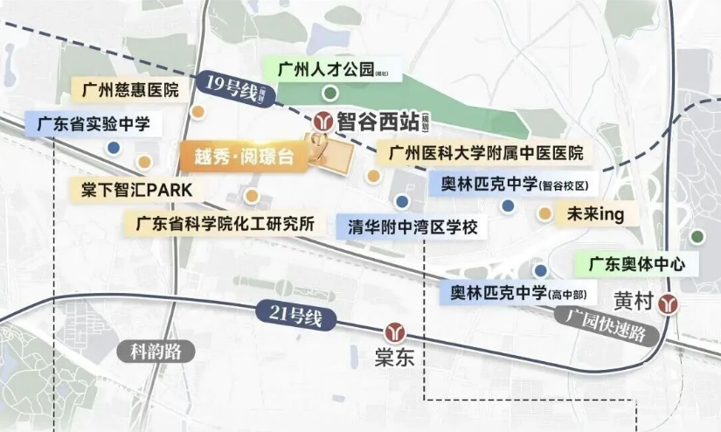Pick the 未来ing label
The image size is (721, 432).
593,215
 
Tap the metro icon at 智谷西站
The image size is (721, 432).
322,120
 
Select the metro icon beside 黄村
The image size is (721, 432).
669,303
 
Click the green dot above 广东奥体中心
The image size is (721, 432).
697,236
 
